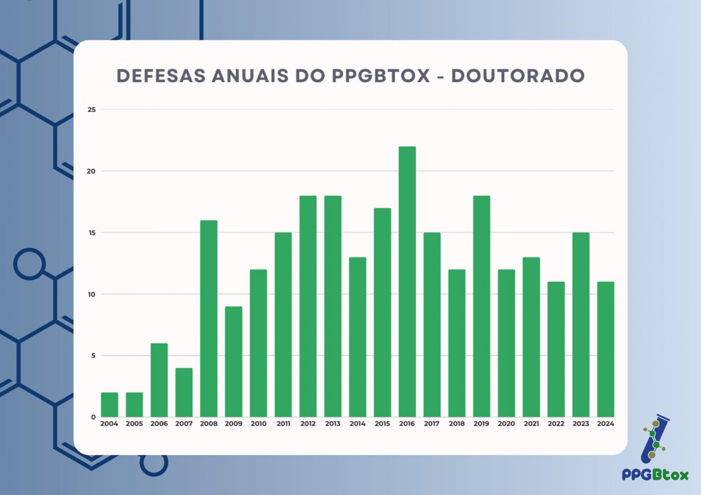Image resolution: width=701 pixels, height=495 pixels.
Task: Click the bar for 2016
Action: point(407,282)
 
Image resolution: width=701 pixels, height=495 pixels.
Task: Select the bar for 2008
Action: point(208,318)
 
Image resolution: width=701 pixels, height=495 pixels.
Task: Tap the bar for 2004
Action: point(110,405)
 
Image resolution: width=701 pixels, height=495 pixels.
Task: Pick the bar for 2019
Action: point(482,306)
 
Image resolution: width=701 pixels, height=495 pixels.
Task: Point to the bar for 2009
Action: point(233,361)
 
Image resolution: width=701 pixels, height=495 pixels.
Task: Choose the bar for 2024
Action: point(605,349)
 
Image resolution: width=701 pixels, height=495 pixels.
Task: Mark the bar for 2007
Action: point(184,392)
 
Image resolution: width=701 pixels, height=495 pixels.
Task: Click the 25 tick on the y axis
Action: point(92,109)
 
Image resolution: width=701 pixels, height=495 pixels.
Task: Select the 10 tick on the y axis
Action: point(92,294)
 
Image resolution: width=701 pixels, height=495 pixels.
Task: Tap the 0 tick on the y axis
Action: point(93,417)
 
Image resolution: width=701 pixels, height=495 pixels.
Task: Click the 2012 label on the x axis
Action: point(308,424)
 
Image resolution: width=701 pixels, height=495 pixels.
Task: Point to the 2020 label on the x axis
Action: point(506,424)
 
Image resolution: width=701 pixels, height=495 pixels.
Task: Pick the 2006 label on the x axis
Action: point(159,424)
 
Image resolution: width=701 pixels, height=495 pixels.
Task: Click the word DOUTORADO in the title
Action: point(518,76)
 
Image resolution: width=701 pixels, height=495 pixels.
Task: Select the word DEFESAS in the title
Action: point(161,76)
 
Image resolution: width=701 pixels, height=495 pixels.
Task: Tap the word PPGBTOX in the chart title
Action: point(381,76)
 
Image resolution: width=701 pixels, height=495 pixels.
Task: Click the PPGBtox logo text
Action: point(655,475)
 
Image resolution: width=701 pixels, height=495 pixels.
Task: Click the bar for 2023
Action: point(581,325)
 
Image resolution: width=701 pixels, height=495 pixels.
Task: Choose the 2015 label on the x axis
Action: point(382,424)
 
